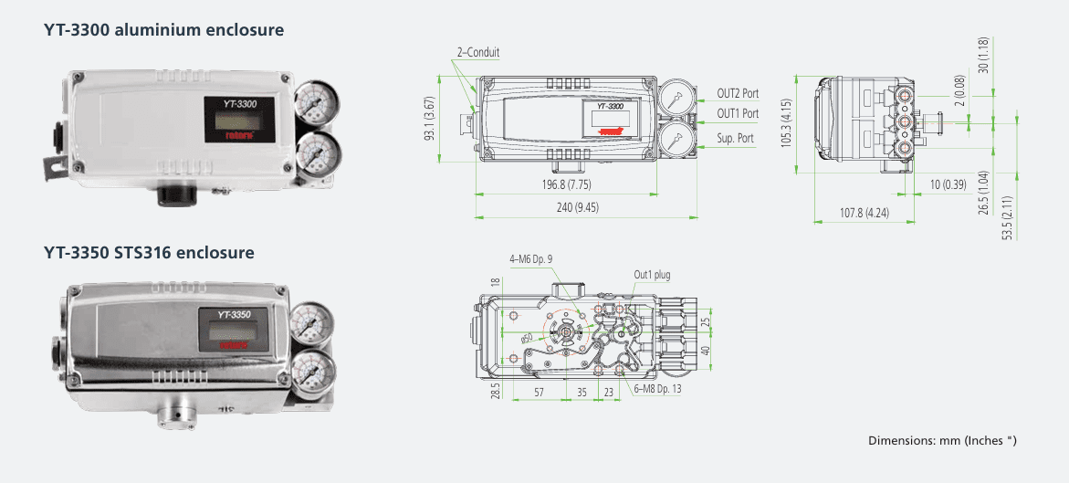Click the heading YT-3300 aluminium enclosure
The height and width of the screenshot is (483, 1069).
(x=163, y=30)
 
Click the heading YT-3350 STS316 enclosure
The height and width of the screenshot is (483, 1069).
(x=149, y=252)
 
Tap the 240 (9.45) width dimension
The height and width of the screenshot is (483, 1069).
(x=578, y=207)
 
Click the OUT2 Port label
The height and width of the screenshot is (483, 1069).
(x=737, y=93)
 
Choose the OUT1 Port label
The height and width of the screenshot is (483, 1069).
(x=737, y=113)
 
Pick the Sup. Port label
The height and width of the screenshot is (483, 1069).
(x=734, y=138)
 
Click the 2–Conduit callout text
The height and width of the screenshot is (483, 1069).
(x=477, y=53)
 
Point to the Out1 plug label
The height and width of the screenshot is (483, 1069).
(x=652, y=274)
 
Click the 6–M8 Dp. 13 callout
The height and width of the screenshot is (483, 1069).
(x=657, y=388)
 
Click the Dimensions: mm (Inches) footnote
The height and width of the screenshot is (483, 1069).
(x=942, y=441)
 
